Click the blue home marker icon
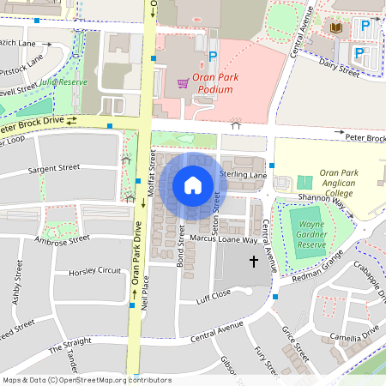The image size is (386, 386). point(193,185)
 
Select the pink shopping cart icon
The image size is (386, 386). point(183,83)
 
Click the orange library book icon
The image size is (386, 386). point(337,27)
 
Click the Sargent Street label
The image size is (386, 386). point(53,169)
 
